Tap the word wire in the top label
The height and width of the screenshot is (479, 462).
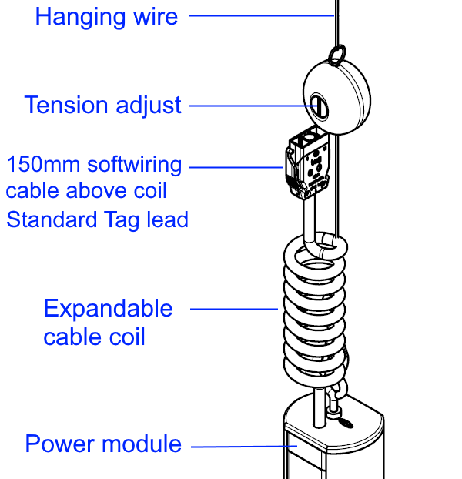(x=152, y=16)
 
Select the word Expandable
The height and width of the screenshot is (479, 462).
(x=108, y=309)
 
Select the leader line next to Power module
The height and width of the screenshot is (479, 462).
(x=239, y=446)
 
